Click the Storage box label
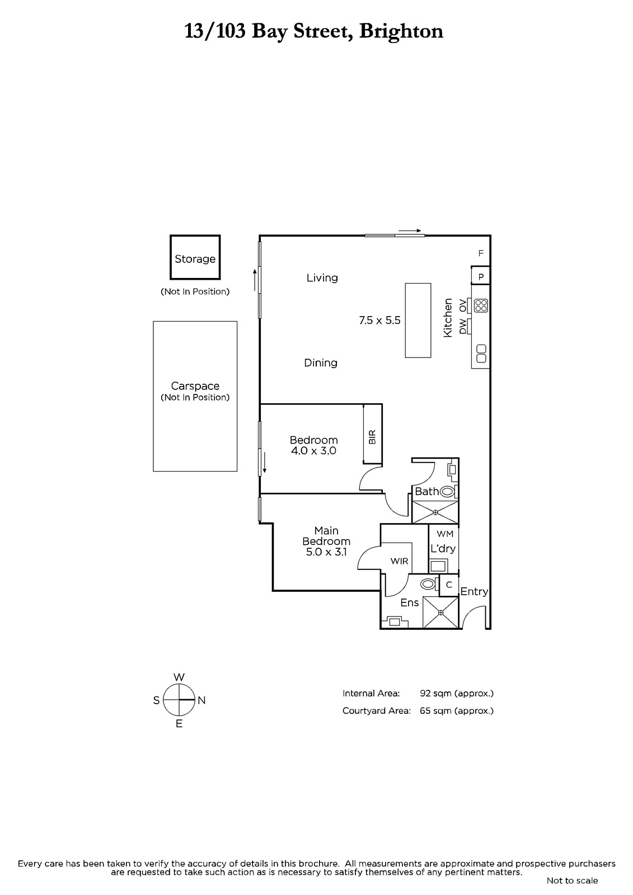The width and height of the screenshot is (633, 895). tap(195, 259)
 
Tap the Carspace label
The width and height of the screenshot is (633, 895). tap(195, 386)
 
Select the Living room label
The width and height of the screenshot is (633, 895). tap(322, 277)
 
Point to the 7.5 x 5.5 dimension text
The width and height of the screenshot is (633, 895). tap(379, 321)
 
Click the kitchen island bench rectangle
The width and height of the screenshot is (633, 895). tap(418, 321)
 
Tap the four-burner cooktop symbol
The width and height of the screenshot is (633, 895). tap(481, 305)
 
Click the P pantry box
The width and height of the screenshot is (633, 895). tap(481, 276)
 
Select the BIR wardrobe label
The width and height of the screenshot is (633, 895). tap(372, 437)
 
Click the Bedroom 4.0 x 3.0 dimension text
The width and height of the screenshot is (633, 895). tap(313, 451)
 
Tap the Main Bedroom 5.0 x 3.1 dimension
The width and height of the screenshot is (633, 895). tap(326, 552)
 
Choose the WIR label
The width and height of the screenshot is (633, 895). tap(399, 561)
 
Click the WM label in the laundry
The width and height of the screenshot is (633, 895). tap(444, 534)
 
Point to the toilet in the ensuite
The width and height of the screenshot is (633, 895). tap(428, 584)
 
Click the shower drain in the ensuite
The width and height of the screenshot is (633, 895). tap(440, 613)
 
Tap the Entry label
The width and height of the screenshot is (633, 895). tap(474, 591)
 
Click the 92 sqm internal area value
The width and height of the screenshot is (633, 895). tap(457, 693)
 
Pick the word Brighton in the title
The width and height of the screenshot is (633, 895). tap(401, 31)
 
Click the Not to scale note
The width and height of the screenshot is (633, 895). tap(572, 880)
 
